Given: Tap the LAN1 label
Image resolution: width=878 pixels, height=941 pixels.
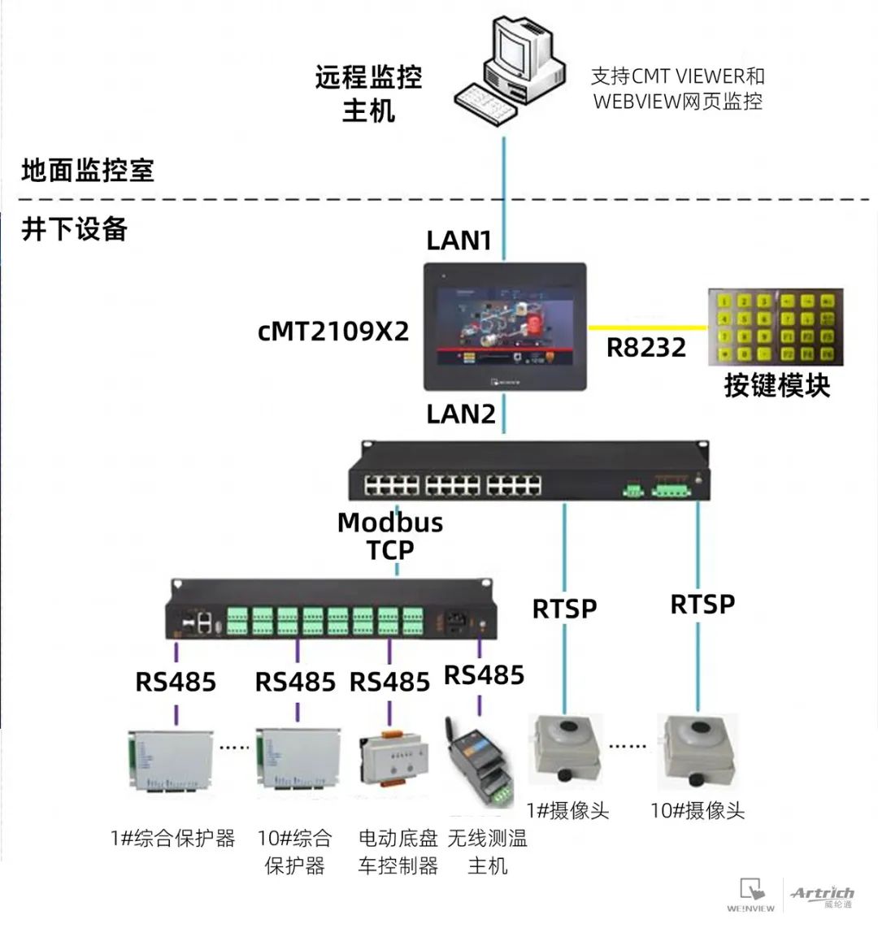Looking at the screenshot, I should pyautogui.click(x=459, y=241).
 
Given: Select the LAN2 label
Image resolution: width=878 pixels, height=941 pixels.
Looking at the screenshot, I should pyautogui.click(x=461, y=414).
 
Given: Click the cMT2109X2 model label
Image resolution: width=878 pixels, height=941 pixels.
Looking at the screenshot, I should pyautogui.click(x=333, y=332).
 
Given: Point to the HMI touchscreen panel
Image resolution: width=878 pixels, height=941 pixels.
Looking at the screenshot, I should pyautogui.click(x=505, y=326).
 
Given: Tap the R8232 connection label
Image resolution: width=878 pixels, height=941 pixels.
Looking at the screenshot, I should pyautogui.click(x=646, y=348).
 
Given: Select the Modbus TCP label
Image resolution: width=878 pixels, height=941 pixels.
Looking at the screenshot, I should pyautogui.click(x=390, y=536).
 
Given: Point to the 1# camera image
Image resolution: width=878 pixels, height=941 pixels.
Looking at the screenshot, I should pyautogui.click(x=566, y=750).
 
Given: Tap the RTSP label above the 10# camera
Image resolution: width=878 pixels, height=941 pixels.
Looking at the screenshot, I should pyautogui.click(x=702, y=605).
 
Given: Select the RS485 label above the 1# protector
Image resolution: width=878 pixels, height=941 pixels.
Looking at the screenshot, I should pyautogui.click(x=176, y=682).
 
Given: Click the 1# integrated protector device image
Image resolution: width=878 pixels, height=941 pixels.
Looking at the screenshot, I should pyautogui.click(x=170, y=761).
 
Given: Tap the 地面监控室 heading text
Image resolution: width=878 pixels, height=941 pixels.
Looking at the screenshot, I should pyautogui.click(x=87, y=171).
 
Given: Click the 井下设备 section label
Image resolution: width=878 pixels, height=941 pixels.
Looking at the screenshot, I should pyautogui.click(x=74, y=228).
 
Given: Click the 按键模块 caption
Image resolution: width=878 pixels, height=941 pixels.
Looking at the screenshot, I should pyautogui.click(x=776, y=384).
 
